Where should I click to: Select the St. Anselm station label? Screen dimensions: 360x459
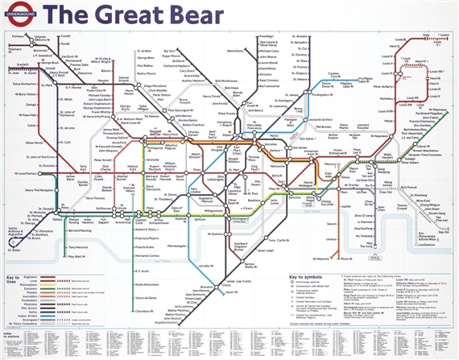point(300,36)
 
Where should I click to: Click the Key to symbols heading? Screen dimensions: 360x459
point(310,277)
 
